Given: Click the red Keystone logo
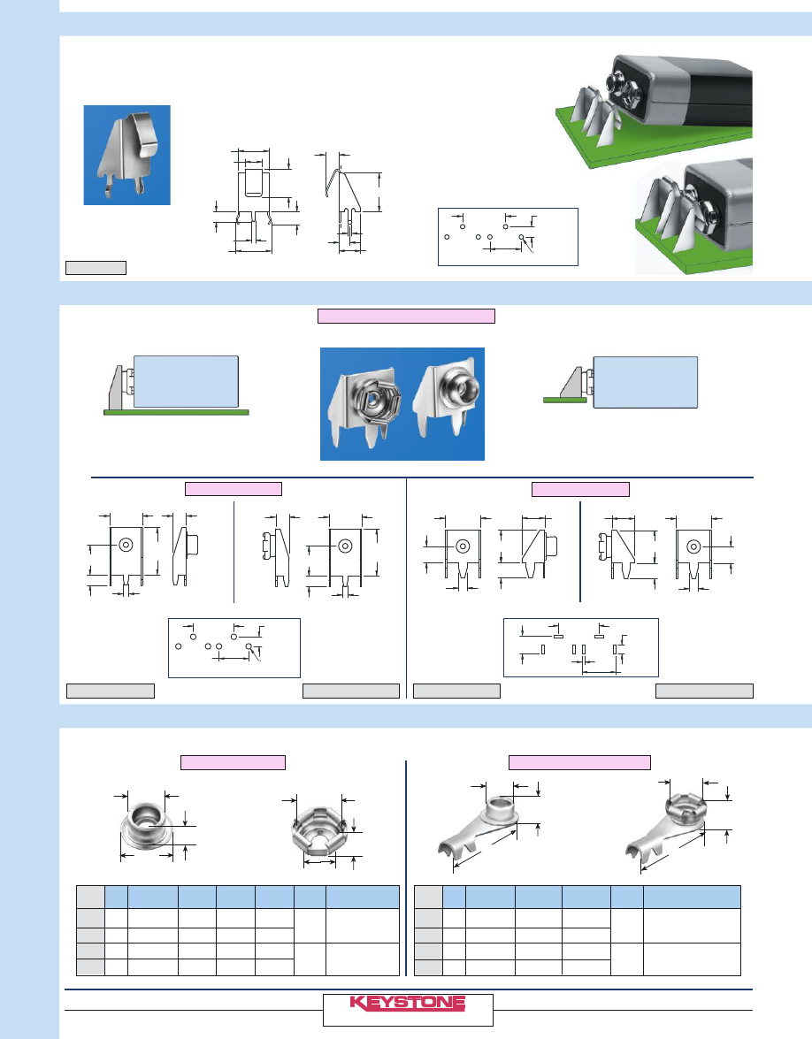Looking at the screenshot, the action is coord(408,1003).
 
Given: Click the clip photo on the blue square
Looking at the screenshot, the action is coord(127,155).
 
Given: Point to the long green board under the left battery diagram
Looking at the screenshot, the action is coord(176,412).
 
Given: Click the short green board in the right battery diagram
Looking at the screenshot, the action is coord(564,401).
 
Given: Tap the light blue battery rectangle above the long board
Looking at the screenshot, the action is coord(187,382).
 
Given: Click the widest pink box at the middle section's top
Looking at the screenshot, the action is coord(406,316).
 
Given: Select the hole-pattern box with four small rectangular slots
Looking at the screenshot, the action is coord(581,647).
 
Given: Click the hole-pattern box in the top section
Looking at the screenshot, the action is coord(508,237).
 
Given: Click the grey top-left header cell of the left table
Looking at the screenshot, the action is coord(91,897).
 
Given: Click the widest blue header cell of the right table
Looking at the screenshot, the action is coord(692,897).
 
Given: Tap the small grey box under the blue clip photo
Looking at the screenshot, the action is coord(96,268).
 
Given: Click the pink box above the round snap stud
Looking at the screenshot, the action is coord(234,762).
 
